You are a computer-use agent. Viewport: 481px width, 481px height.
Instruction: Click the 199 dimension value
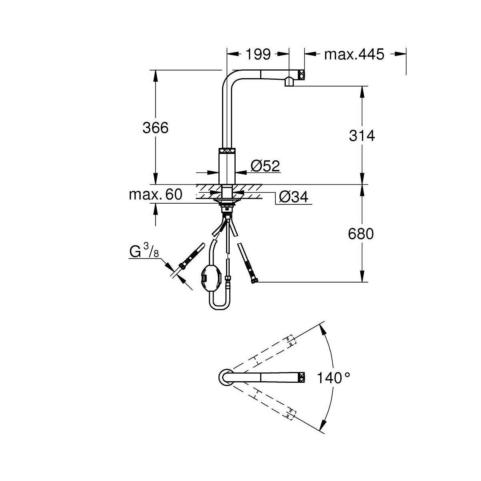click(x=258, y=54)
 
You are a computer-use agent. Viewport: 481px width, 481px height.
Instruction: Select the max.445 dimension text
click(x=354, y=54)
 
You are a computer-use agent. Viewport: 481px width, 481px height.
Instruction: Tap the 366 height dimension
click(x=156, y=128)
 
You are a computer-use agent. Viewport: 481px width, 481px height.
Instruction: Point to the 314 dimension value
click(x=362, y=136)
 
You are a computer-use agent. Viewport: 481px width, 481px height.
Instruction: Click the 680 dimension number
click(x=361, y=234)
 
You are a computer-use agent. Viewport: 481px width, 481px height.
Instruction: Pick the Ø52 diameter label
click(x=265, y=166)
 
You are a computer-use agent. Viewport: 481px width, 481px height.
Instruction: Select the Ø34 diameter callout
click(x=293, y=198)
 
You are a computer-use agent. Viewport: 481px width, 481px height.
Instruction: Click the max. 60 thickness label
click(x=156, y=194)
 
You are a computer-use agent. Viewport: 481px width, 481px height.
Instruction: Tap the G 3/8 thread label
click(x=144, y=251)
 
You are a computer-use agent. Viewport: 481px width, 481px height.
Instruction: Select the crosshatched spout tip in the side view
click(x=301, y=75)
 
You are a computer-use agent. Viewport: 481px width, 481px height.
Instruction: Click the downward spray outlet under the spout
click(x=289, y=82)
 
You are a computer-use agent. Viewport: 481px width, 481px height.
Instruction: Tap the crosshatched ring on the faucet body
click(x=227, y=151)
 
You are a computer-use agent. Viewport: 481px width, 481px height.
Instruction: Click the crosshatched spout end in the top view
click(x=302, y=378)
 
